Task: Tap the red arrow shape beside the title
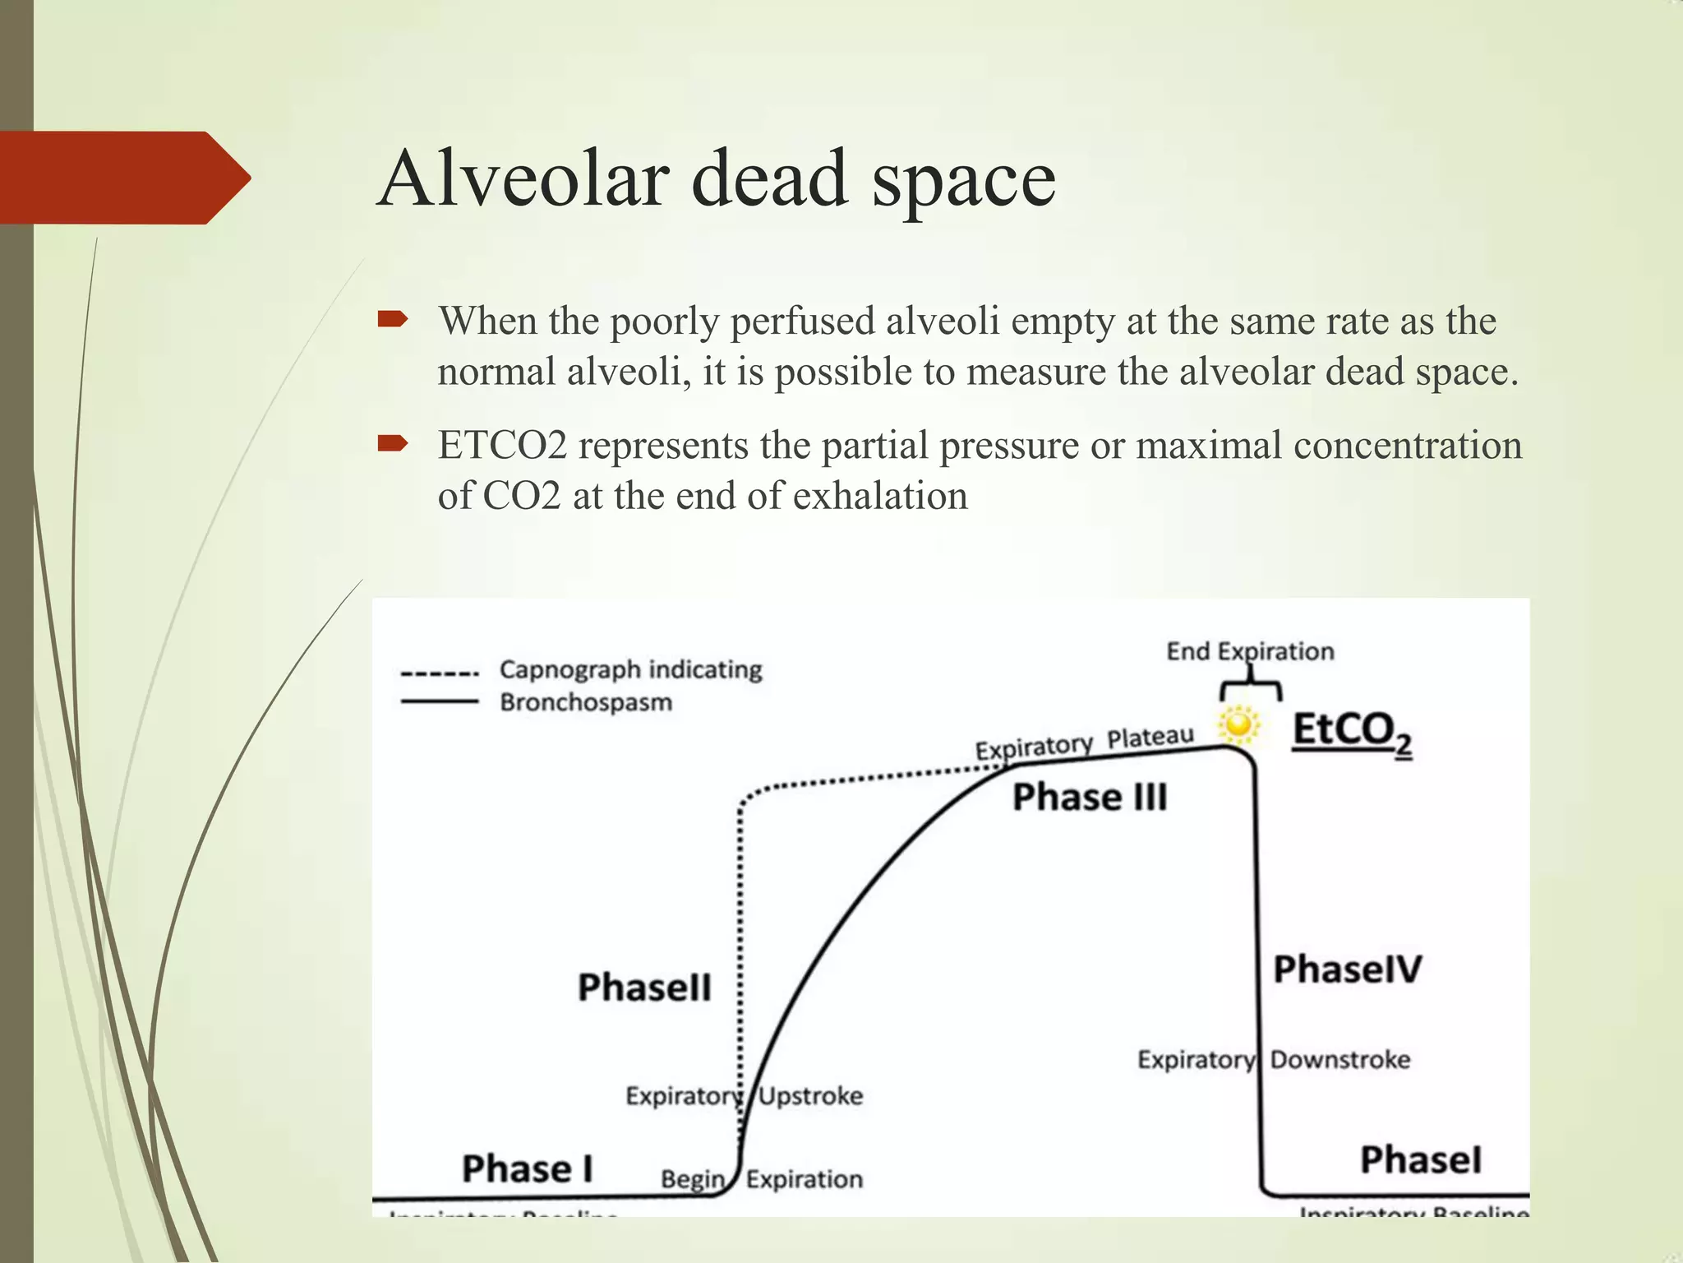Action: [123, 178]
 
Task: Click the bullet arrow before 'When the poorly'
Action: [393, 319]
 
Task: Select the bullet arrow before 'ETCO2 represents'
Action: [393, 445]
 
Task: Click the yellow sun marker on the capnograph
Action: [1238, 725]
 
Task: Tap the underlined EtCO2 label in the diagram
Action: [1352, 732]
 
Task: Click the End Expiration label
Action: [1250, 651]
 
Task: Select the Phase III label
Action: [1090, 797]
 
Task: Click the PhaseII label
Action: [644, 987]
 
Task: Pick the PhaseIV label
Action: [1347, 969]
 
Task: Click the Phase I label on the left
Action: [527, 1168]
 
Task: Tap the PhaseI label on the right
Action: [1421, 1159]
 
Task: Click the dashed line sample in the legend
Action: [440, 673]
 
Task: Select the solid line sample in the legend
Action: [440, 701]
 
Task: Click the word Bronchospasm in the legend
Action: [586, 702]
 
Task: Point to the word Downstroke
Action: [1340, 1059]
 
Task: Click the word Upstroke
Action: [810, 1095]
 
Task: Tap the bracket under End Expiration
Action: [1251, 687]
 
